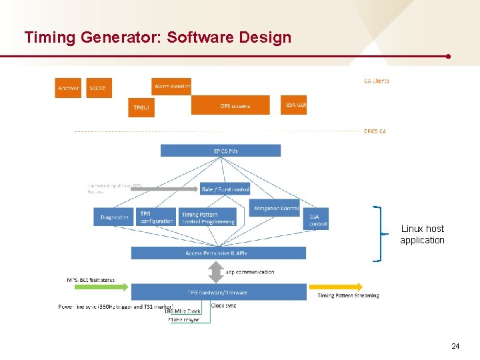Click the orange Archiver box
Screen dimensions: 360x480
pyautogui.click(x=68, y=88)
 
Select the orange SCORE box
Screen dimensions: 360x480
pyautogui.click(x=97, y=88)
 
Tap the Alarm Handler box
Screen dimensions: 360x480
pyautogui.click(x=172, y=87)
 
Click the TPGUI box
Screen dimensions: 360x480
pyautogui.click(x=141, y=107)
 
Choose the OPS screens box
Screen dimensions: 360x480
pyautogui.click(x=231, y=105)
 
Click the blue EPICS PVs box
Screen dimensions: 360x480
pyautogui.click(x=221, y=151)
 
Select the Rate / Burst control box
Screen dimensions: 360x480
pyautogui.click(x=225, y=189)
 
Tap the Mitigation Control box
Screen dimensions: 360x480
pyautogui.click(x=275, y=208)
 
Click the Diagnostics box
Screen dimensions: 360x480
pyautogui.click(x=115, y=217)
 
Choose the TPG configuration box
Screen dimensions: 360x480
pyautogui.click(x=157, y=217)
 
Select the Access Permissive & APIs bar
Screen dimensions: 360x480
pyautogui.click(x=219, y=253)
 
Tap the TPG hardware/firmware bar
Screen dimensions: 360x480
pyautogui.click(x=219, y=292)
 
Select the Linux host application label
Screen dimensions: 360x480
pyautogui.click(x=422, y=235)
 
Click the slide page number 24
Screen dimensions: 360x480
pyautogui.click(x=455, y=346)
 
